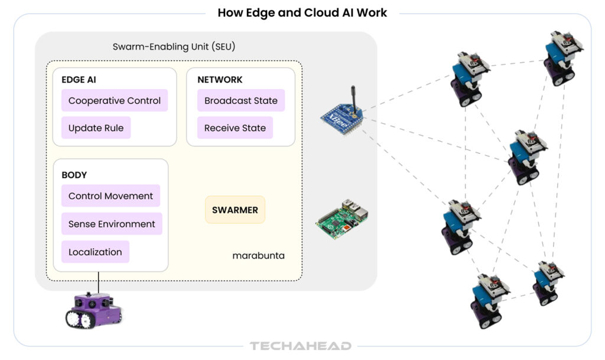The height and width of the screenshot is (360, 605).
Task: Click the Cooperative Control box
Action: pyautogui.click(x=115, y=100)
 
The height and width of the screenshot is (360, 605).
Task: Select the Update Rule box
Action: pyautogui.click(x=96, y=128)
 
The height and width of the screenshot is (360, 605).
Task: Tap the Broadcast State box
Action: pyautogui.click(x=240, y=100)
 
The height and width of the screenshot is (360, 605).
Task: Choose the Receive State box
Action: pyautogui.click(x=235, y=128)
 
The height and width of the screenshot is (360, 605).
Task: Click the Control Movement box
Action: pyautogui.click(x=110, y=196)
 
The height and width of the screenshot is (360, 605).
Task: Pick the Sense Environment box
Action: pyautogui.click(x=112, y=224)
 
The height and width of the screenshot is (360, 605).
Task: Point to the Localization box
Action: pyautogui.click(x=95, y=252)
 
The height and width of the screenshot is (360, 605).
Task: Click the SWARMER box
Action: pyautogui.click(x=235, y=209)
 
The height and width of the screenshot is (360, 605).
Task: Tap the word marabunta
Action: pyautogui.click(x=258, y=256)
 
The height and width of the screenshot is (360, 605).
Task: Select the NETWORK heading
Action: pyautogui.click(x=220, y=80)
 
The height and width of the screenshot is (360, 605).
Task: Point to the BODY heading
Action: pyautogui.click(x=74, y=175)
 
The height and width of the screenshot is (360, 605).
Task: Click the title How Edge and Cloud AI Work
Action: pyautogui.click(x=302, y=12)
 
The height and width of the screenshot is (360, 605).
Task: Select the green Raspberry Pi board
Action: pyautogui.click(x=341, y=220)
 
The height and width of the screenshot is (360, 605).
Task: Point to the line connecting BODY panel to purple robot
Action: pyautogui.click(x=99, y=282)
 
